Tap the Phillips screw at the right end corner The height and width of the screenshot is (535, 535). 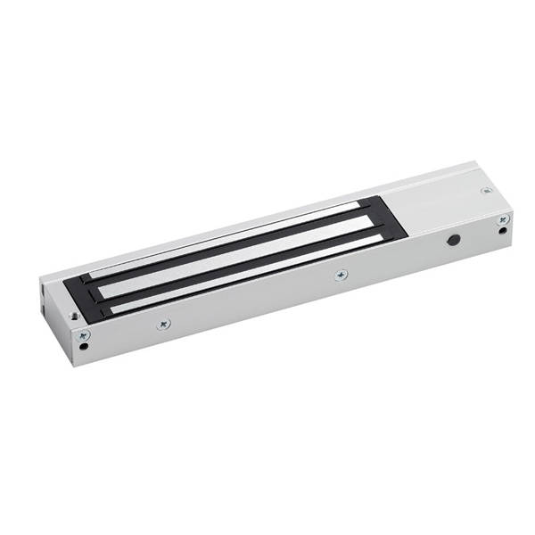point(504,218)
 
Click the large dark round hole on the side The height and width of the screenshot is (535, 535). point(454,241)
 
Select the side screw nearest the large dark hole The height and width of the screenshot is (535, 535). point(340,276)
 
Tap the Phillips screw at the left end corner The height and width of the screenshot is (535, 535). point(84,335)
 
